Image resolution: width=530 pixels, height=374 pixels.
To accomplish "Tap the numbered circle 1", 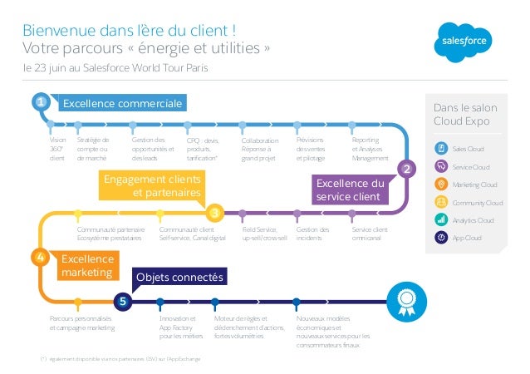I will [39, 102].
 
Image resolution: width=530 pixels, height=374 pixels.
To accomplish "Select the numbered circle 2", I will [406, 170].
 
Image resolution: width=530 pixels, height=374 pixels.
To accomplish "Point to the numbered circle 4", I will [39, 258].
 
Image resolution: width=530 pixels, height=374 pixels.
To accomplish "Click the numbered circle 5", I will [122, 301].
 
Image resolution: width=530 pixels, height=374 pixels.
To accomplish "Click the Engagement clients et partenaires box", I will [151, 185].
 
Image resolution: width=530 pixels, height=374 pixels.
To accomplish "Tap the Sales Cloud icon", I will [442, 148].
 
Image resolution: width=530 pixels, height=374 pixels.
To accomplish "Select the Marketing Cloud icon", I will [442, 184].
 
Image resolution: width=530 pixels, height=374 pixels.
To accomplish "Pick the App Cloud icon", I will [442, 238].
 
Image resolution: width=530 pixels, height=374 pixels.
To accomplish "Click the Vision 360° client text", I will [57, 149].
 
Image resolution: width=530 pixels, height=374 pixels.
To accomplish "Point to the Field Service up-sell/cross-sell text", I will [264, 234].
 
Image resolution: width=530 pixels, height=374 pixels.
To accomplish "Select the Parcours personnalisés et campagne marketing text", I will [82, 323].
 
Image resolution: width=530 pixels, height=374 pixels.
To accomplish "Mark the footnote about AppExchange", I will [115, 359].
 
